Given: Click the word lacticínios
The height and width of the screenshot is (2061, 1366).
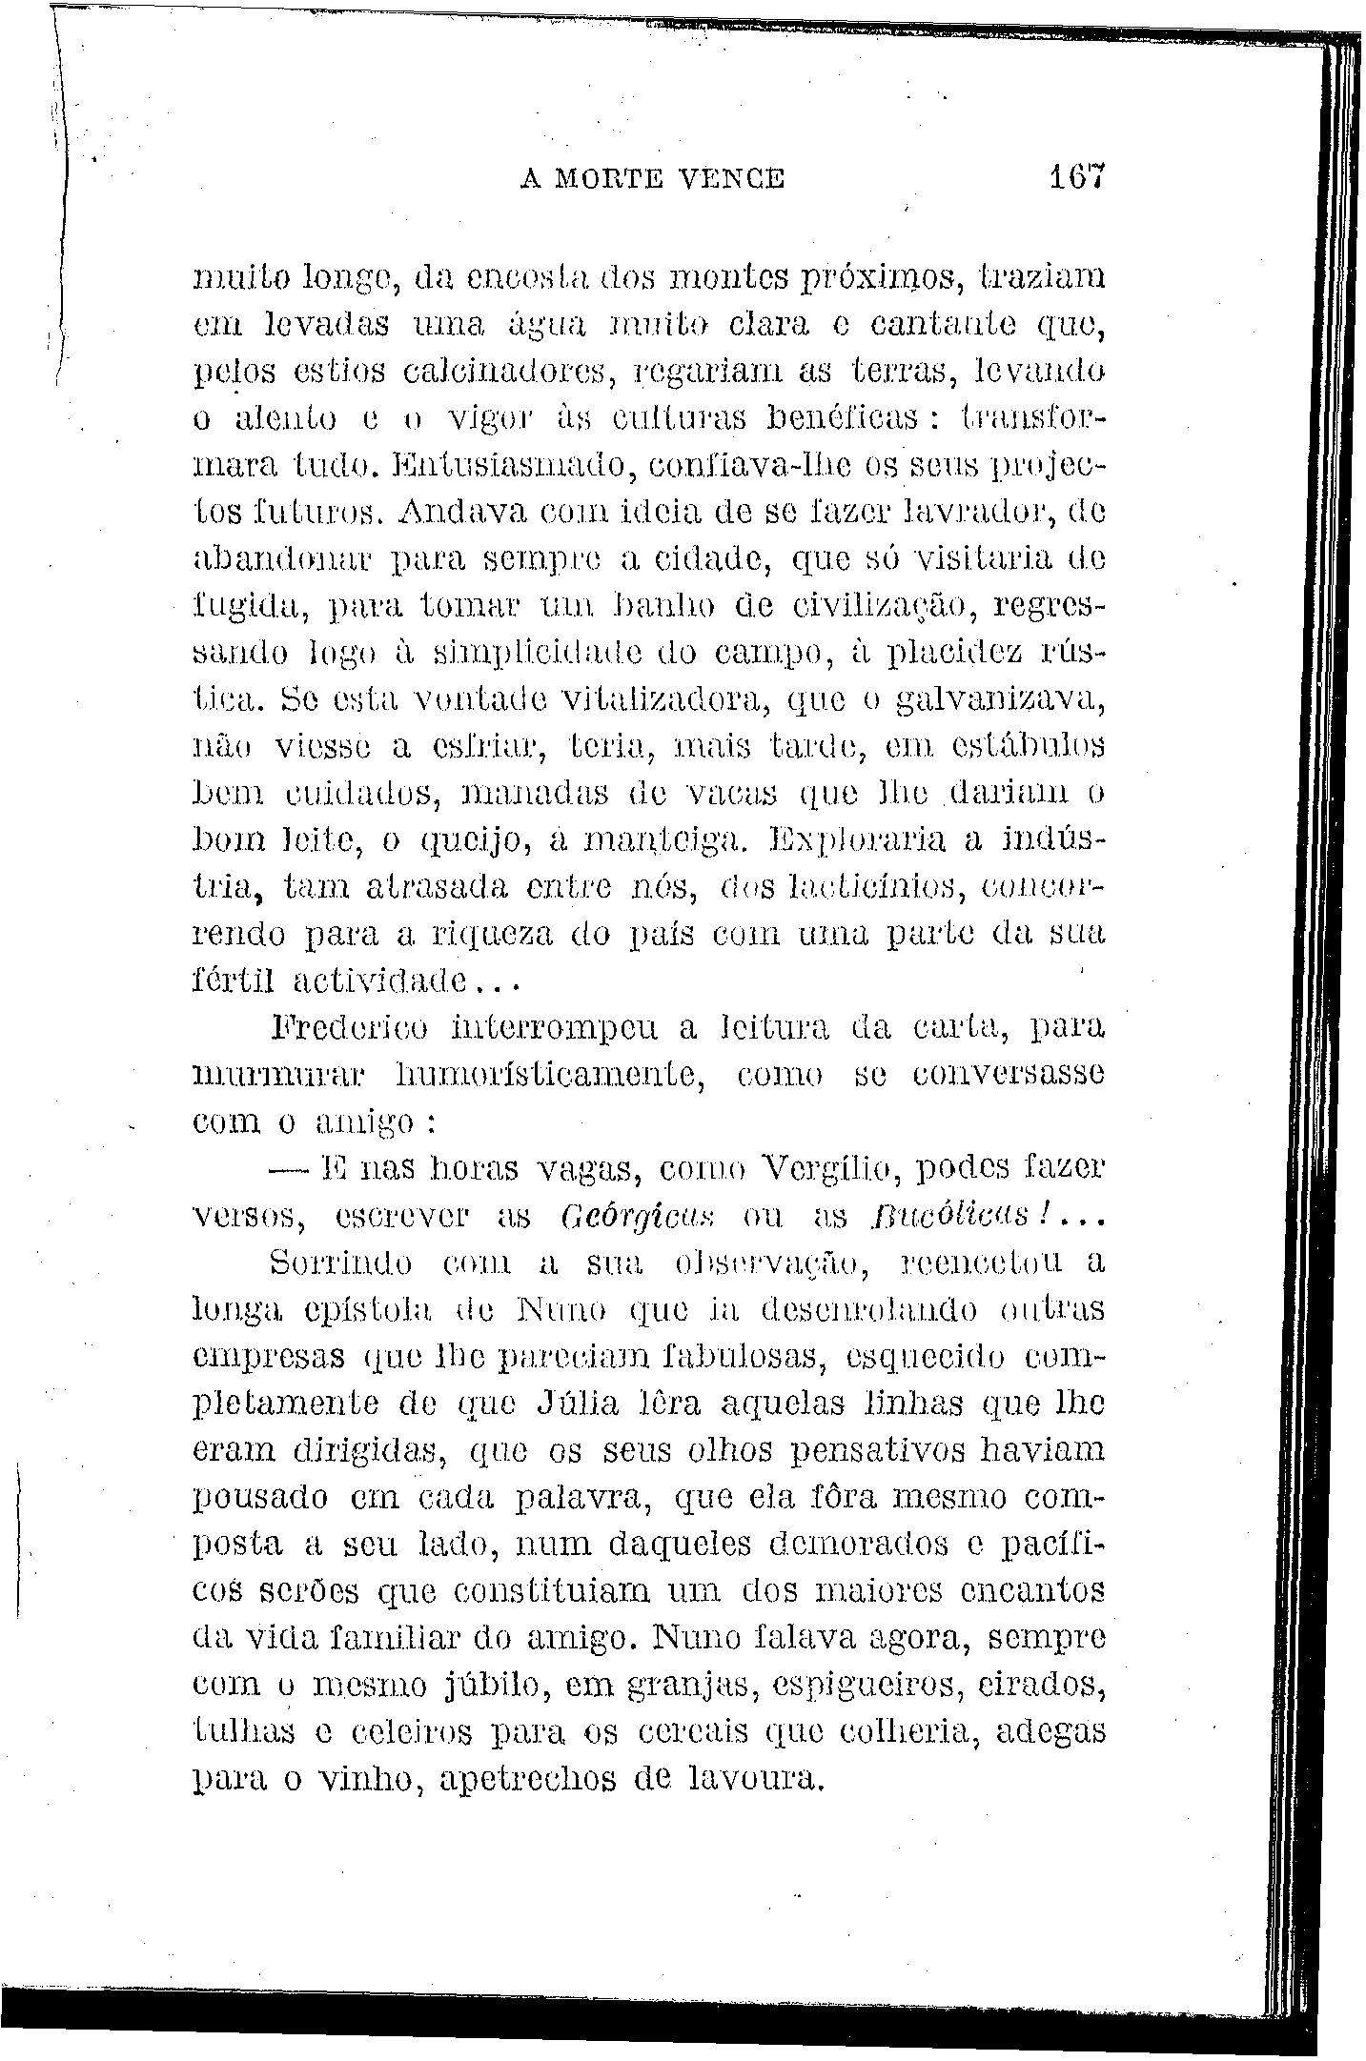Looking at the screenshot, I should click(863, 889).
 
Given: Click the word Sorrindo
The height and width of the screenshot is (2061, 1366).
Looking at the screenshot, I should click(342, 1265).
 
